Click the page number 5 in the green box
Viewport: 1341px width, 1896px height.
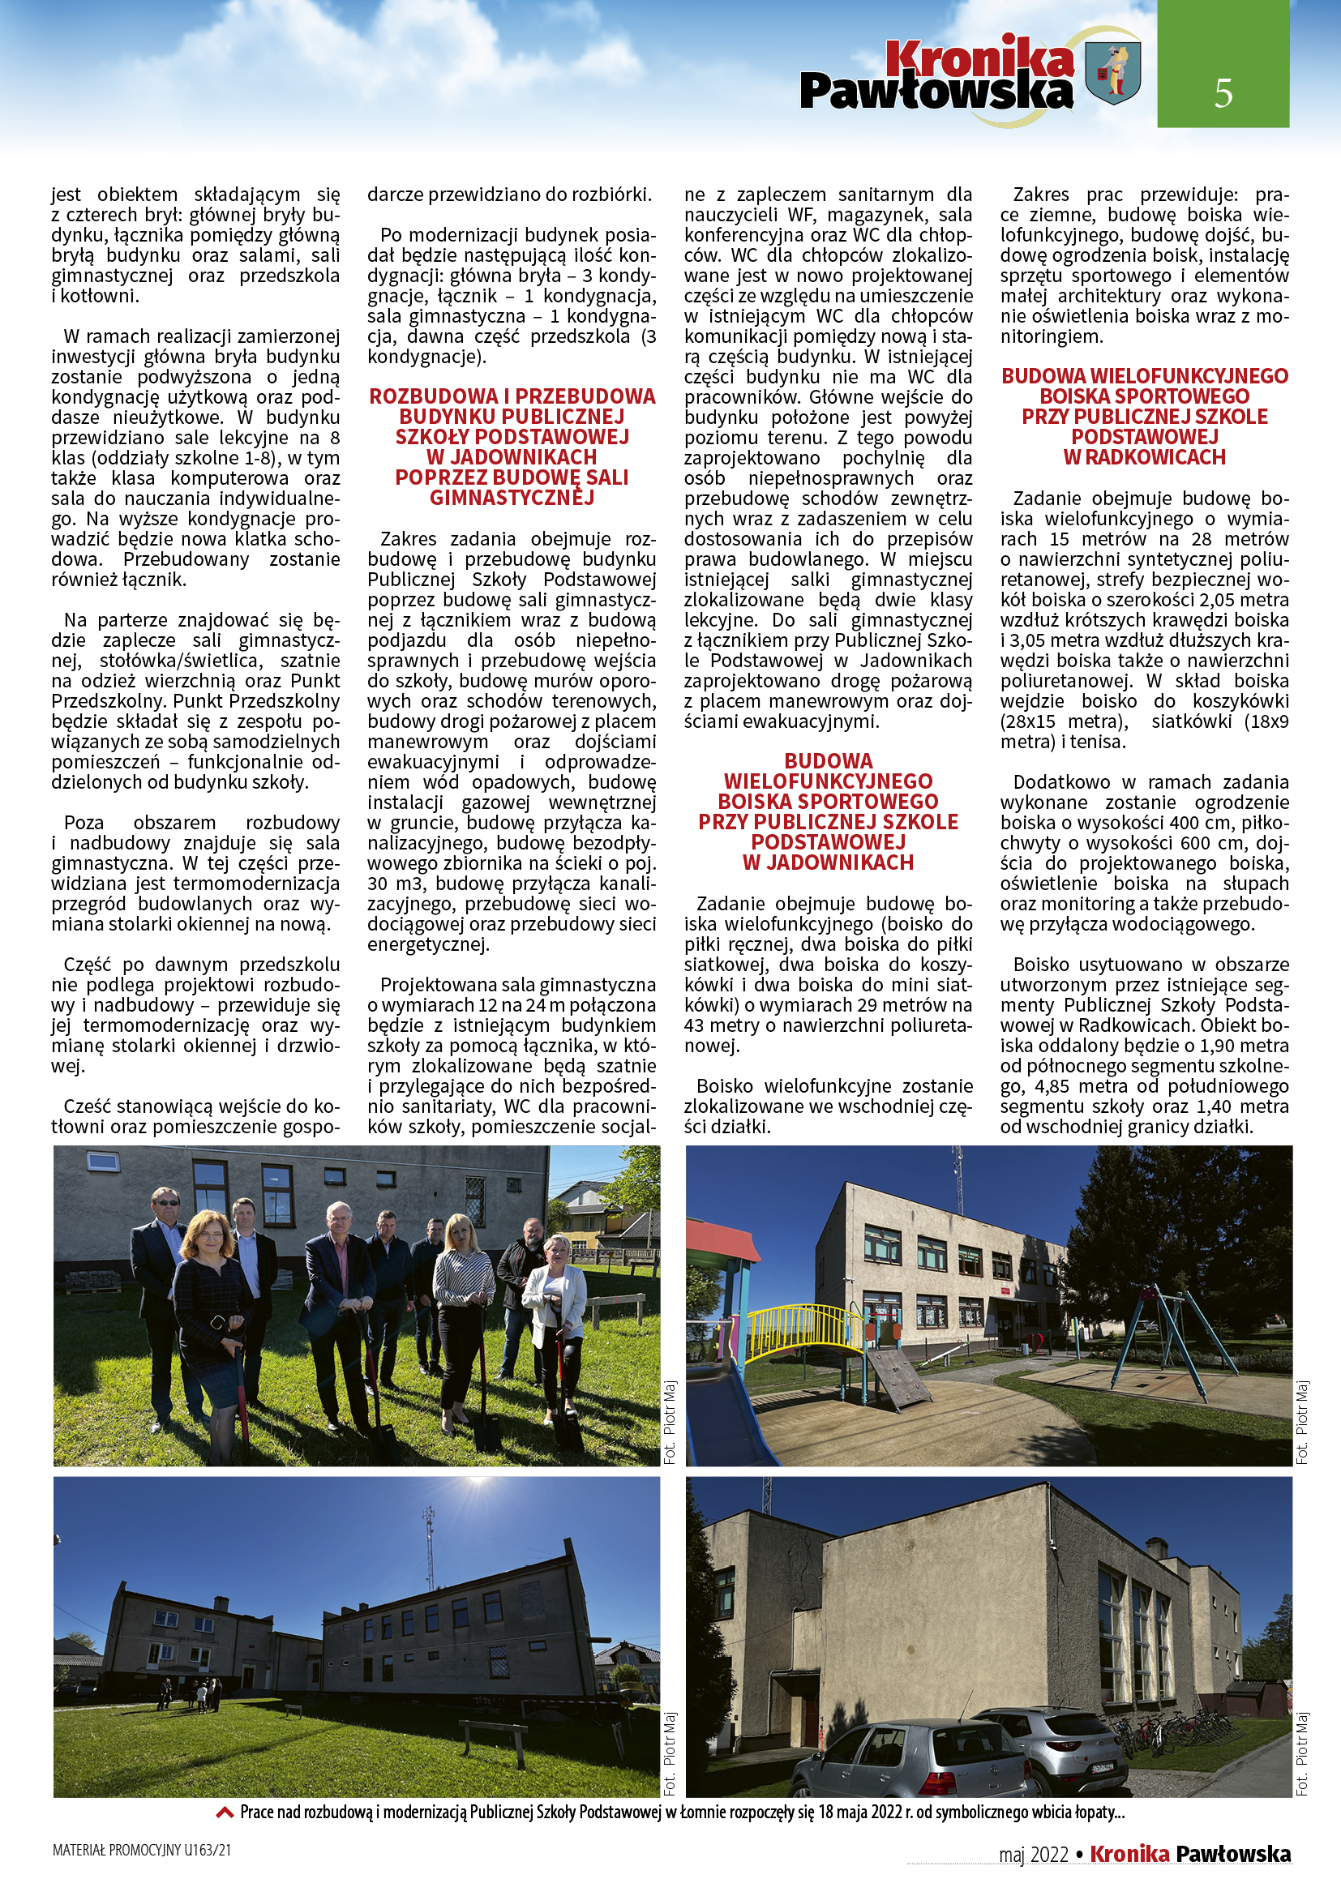[x=1223, y=92]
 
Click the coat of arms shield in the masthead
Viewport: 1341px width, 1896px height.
[x=1113, y=74]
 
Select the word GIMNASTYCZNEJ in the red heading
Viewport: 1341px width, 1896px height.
[x=512, y=497]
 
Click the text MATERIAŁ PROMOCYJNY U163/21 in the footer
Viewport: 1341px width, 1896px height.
[x=142, y=1850]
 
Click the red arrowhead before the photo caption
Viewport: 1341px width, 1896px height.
[x=224, y=1813]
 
